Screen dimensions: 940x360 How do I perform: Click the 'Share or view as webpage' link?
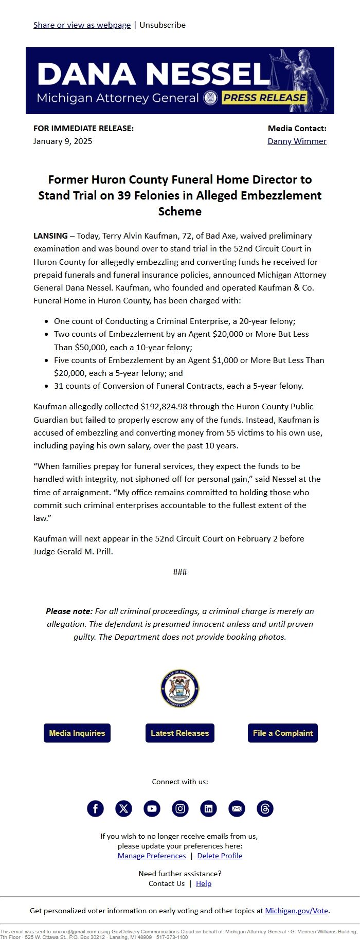click(x=82, y=25)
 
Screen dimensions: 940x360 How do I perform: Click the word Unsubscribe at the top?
click(x=163, y=25)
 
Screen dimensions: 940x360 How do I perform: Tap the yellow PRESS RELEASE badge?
click(x=264, y=98)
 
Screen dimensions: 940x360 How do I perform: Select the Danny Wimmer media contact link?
click(x=297, y=141)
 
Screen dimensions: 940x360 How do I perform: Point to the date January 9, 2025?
click(x=63, y=141)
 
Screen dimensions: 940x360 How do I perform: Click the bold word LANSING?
click(x=50, y=236)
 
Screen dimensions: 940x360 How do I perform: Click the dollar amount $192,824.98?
click(x=168, y=406)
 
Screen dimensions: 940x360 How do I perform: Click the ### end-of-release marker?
click(x=180, y=572)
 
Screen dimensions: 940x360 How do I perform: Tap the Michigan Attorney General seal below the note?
click(x=180, y=688)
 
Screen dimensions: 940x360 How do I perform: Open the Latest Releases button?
click(x=180, y=733)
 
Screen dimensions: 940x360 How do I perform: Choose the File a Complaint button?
click(x=283, y=733)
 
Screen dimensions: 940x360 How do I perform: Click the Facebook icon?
click(x=95, y=808)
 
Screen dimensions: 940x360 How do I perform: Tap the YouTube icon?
click(x=152, y=808)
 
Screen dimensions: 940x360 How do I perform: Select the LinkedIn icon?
click(x=208, y=808)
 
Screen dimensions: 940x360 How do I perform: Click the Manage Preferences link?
click(x=152, y=856)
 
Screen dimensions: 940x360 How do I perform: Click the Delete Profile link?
click(x=220, y=856)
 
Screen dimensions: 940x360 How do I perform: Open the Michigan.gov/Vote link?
click(x=296, y=910)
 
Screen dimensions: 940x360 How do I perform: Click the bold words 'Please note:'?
click(x=69, y=611)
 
